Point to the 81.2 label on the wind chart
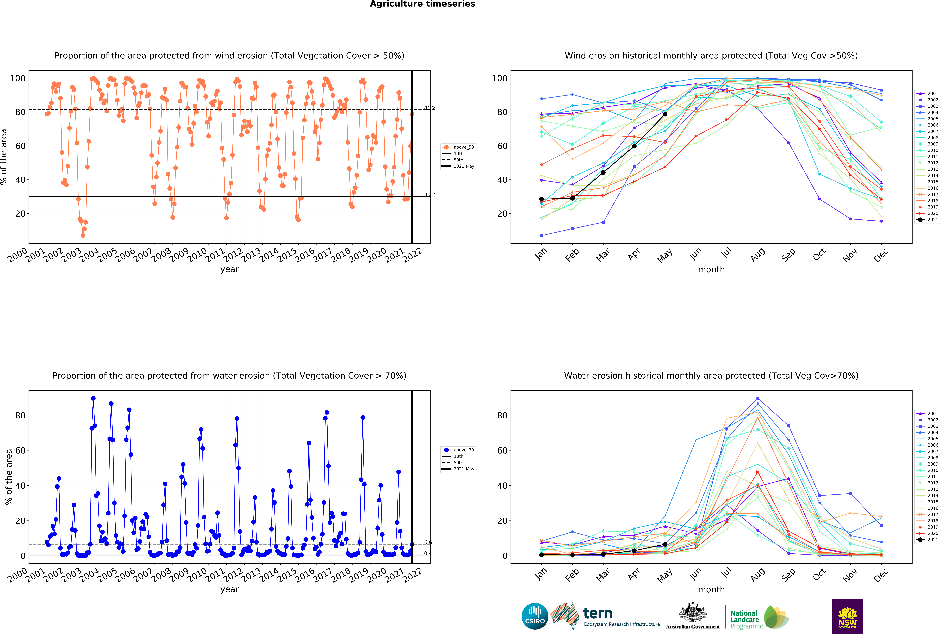click(x=429, y=108)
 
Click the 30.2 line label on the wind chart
click(x=429, y=195)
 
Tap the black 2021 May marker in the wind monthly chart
click(x=665, y=114)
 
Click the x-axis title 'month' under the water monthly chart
click(x=711, y=590)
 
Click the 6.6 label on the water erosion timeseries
click(x=428, y=542)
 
